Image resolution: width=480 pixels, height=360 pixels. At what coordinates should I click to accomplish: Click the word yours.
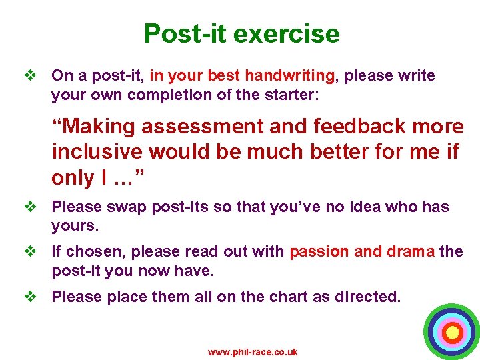click(x=75, y=226)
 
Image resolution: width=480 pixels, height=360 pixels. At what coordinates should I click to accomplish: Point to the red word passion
click(x=319, y=252)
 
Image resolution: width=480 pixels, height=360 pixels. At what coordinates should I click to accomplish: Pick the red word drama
click(x=410, y=252)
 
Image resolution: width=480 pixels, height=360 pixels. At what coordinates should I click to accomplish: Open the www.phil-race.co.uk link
click(x=253, y=352)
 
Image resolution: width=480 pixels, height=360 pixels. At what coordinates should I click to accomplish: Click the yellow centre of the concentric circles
click(x=452, y=331)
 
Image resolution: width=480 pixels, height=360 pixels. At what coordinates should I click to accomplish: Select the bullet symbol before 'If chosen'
click(x=29, y=252)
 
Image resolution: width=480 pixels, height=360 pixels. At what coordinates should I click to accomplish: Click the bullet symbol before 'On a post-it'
click(x=29, y=76)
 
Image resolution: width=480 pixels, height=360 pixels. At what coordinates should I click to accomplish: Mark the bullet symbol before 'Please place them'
click(x=29, y=297)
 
